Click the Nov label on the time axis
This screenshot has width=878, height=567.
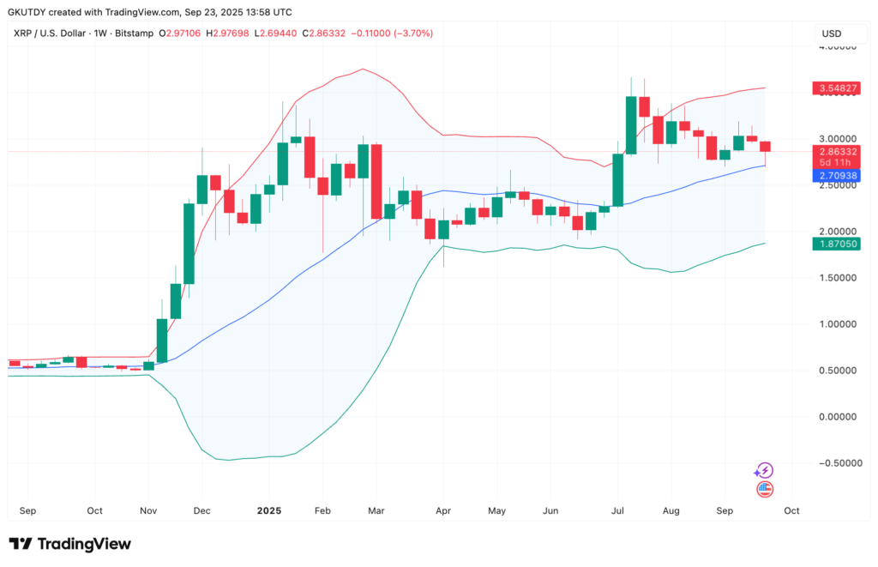148,510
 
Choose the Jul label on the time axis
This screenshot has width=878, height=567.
618,510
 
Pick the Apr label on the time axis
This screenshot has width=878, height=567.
442,510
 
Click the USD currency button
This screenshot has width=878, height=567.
832,33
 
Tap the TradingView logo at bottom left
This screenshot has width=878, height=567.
70,544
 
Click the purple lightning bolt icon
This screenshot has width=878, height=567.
764,470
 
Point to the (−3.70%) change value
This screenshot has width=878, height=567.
411,33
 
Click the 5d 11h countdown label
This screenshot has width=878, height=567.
835,163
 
